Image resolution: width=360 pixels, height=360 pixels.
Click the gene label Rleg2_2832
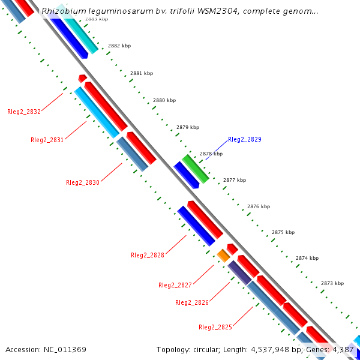24,112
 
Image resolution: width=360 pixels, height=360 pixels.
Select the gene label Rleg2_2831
47,140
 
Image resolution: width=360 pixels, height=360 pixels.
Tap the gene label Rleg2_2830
83,182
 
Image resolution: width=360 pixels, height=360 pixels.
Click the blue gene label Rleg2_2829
245,139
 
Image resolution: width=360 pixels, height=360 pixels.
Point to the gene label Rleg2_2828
148,255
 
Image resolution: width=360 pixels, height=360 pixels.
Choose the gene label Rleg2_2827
175,285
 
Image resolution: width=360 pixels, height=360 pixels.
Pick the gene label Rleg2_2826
192,302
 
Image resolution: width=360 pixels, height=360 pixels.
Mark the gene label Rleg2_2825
215,327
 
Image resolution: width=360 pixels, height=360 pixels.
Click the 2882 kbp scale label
119,46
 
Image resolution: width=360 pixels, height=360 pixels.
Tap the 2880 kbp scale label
164,100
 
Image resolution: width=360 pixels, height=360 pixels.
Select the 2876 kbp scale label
259,206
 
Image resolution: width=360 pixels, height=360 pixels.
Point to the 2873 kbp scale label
332,283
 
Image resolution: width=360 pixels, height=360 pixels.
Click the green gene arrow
196,169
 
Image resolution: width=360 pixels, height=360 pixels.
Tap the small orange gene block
223,256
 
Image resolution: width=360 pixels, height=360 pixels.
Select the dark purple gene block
239,272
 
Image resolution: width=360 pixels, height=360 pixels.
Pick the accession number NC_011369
65,349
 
